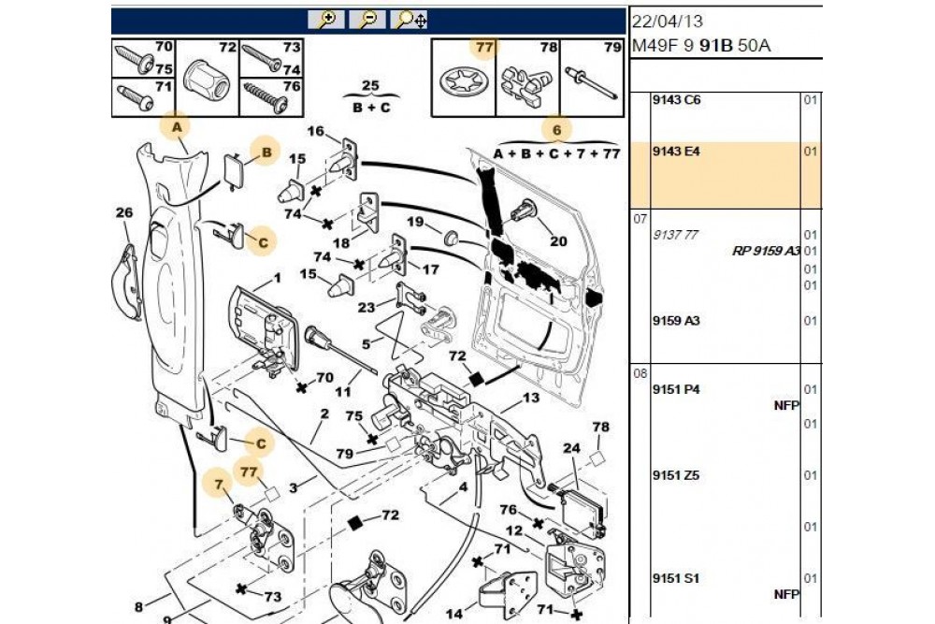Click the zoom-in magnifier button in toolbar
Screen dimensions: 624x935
point(328,20)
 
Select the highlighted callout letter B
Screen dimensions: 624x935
point(266,151)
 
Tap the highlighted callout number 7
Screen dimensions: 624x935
point(220,485)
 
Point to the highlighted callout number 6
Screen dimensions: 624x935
point(555,130)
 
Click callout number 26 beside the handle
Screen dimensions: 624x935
point(124,213)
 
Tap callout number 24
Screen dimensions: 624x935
point(572,447)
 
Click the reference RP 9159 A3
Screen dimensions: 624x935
point(765,251)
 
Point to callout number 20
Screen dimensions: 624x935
point(558,240)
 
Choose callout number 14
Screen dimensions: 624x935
point(454,614)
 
